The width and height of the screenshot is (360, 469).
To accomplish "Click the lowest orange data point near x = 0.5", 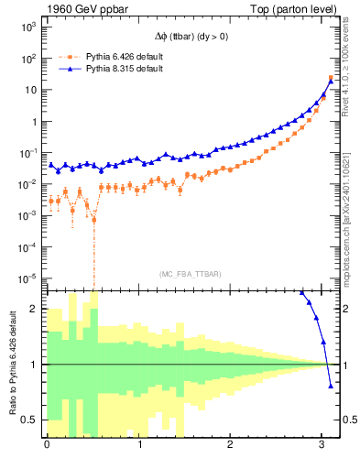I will (94, 220).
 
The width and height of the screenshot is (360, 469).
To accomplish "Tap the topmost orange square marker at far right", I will (330, 78).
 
